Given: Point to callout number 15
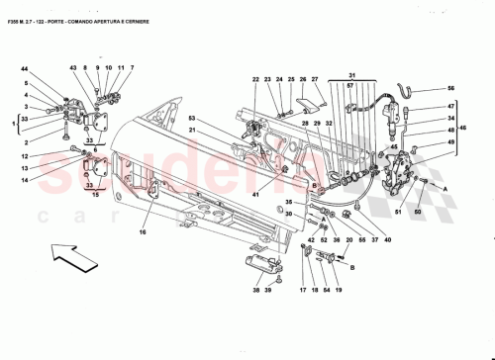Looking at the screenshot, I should [96, 197].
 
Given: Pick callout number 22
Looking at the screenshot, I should [254, 80].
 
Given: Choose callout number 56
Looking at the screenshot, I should [450, 88].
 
